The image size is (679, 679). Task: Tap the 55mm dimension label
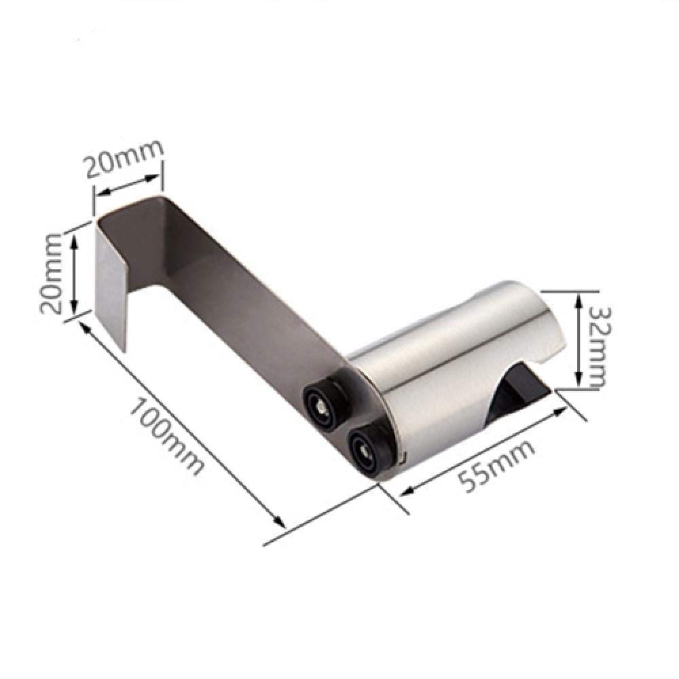pos(496,467)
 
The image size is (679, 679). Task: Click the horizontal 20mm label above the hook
pos(124,158)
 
